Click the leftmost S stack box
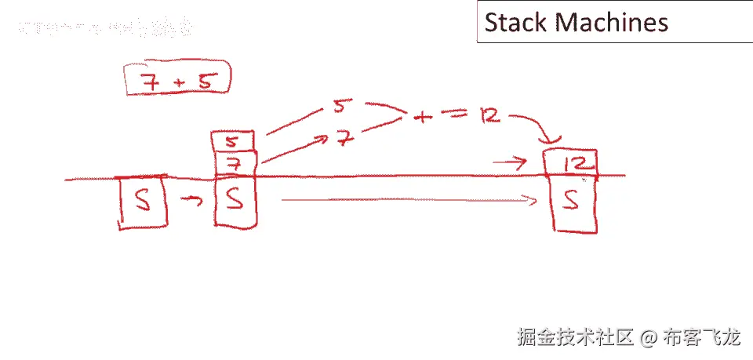pos(142,202)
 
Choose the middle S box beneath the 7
pos(235,202)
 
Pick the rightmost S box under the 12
pos(575,205)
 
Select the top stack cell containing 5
pos(232,142)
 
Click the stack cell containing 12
pos(573,164)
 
